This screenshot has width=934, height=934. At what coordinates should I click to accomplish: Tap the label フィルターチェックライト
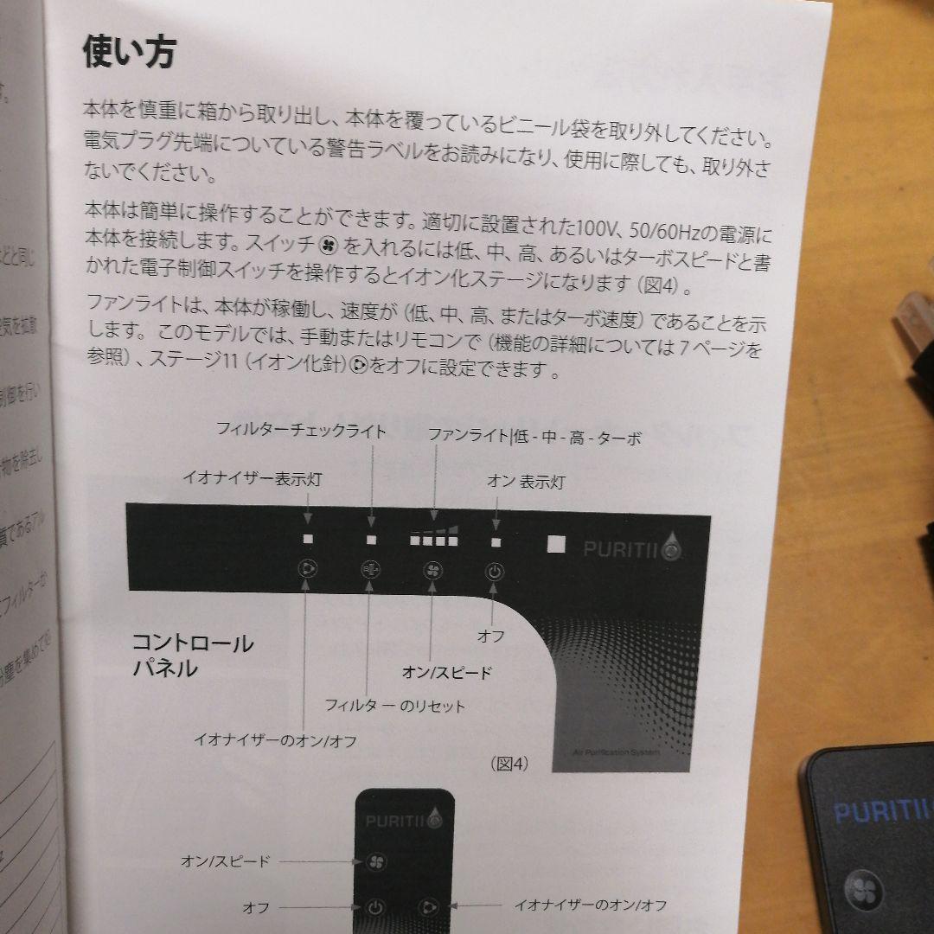300,430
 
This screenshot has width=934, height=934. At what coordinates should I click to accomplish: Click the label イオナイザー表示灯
252,478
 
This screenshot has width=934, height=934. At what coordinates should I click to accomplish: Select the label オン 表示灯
525,482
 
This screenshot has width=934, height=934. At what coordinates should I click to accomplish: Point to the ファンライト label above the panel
469,437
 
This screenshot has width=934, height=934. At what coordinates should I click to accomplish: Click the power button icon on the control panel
493,571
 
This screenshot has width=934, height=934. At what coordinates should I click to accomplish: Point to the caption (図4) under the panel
509,763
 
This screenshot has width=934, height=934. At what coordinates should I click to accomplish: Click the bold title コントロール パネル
192,655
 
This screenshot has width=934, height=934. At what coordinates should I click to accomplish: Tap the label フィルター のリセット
394,706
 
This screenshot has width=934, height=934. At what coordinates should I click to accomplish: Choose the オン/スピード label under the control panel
446,672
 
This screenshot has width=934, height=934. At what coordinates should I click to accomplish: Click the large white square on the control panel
556,545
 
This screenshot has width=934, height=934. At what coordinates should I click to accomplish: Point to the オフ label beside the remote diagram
256,908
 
